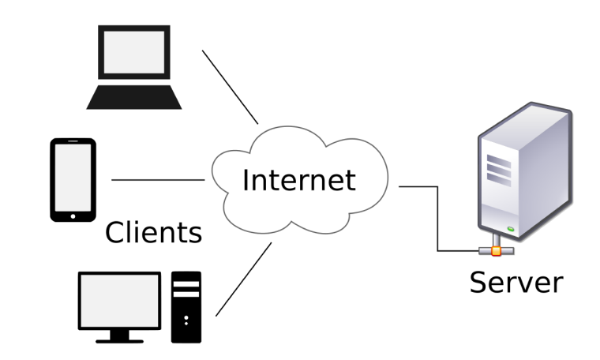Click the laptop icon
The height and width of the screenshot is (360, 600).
[x=134, y=67]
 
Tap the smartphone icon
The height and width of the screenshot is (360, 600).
[x=73, y=180]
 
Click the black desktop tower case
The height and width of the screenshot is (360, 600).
[x=186, y=307]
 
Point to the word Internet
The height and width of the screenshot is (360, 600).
[x=298, y=180]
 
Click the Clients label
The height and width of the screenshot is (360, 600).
[x=154, y=232]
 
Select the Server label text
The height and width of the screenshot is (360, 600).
[x=516, y=282]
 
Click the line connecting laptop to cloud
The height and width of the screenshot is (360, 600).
[x=231, y=87]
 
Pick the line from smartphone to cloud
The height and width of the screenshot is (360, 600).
[x=158, y=180]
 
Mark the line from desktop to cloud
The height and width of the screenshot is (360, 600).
[x=243, y=279]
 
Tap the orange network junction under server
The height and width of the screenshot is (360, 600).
[x=496, y=252]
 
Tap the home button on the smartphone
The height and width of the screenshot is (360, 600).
[x=73, y=213]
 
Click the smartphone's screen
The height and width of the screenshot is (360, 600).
[x=73, y=177]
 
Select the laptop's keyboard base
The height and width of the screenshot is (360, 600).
[x=134, y=98]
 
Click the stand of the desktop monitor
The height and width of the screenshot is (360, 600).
[x=119, y=336]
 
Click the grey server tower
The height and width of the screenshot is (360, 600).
[x=525, y=174]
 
